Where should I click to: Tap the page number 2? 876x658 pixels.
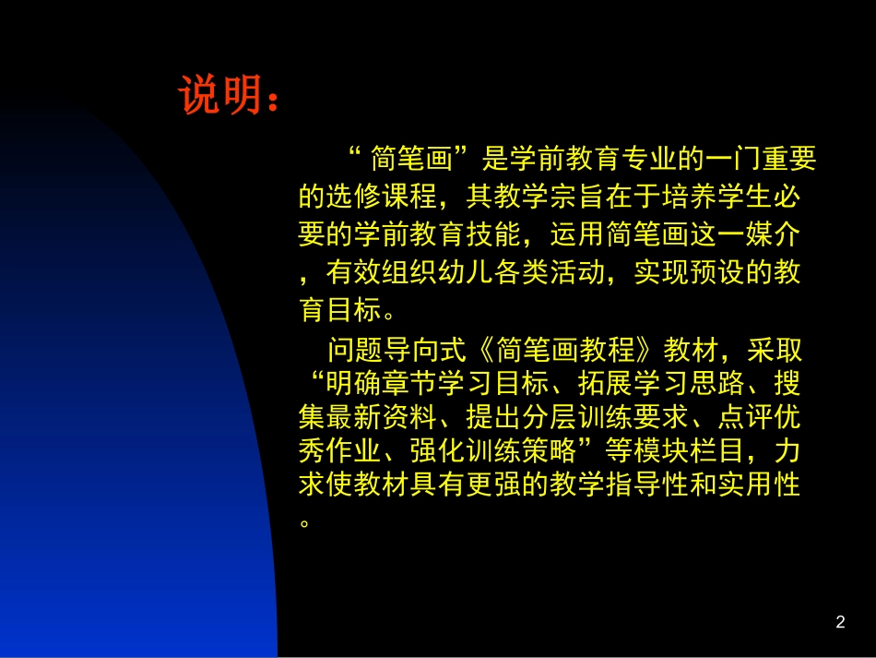(x=839, y=622)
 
